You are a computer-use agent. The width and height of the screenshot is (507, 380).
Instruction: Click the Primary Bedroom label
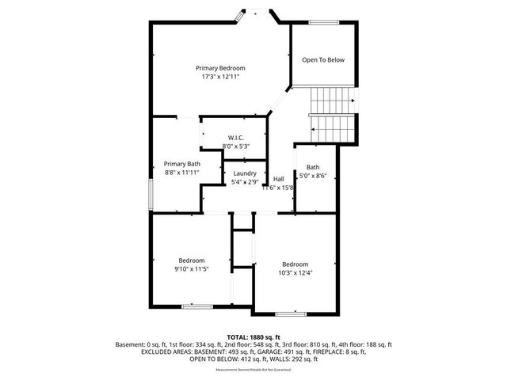point(220,68)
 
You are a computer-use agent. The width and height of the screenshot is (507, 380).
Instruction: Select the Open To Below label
point(323,60)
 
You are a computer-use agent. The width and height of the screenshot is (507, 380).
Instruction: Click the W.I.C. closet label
point(235,138)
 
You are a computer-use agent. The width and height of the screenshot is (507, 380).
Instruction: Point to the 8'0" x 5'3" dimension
point(236,146)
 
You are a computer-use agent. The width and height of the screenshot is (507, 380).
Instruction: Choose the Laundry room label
point(244,173)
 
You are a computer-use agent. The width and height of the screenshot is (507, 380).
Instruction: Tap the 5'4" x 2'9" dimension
point(244,182)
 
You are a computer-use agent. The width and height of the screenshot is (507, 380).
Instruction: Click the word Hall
point(279,179)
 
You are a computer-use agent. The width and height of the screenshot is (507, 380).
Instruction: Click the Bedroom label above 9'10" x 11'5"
point(192,260)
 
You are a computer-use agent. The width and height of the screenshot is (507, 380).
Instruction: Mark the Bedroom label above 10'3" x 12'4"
point(295,264)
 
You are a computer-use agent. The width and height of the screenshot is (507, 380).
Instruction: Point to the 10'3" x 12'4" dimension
point(295,273)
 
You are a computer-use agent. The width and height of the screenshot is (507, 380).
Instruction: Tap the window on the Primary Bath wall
point(151,194)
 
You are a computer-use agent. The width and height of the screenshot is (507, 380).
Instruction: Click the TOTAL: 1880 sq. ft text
point(253,336)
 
